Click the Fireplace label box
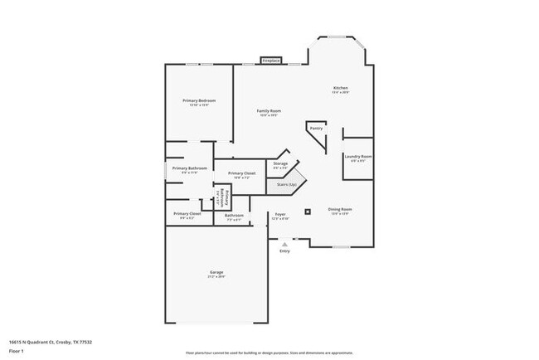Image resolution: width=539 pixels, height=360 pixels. pos(270,61)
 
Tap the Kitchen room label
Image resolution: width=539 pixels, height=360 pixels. pos(340,88)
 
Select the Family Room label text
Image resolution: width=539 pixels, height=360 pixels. pos(269,111)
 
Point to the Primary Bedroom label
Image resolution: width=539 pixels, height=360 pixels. pos(199,100)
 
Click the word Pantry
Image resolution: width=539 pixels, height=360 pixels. pos(316,129)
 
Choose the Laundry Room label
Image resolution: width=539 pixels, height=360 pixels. pos(357,156)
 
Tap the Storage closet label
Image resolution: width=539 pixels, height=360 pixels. pos(280,164)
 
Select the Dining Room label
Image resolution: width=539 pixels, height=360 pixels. pos(340,209)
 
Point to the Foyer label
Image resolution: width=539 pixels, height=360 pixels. pos(280,215)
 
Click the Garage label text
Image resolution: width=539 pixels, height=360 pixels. pos(216,272)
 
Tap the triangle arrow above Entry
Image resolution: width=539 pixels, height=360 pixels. pos(285,244)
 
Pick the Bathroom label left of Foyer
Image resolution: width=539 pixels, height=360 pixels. pos(234,216)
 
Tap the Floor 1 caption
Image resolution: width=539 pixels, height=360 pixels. pos(17,351)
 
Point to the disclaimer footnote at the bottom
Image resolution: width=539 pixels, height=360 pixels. pos(269,353)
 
